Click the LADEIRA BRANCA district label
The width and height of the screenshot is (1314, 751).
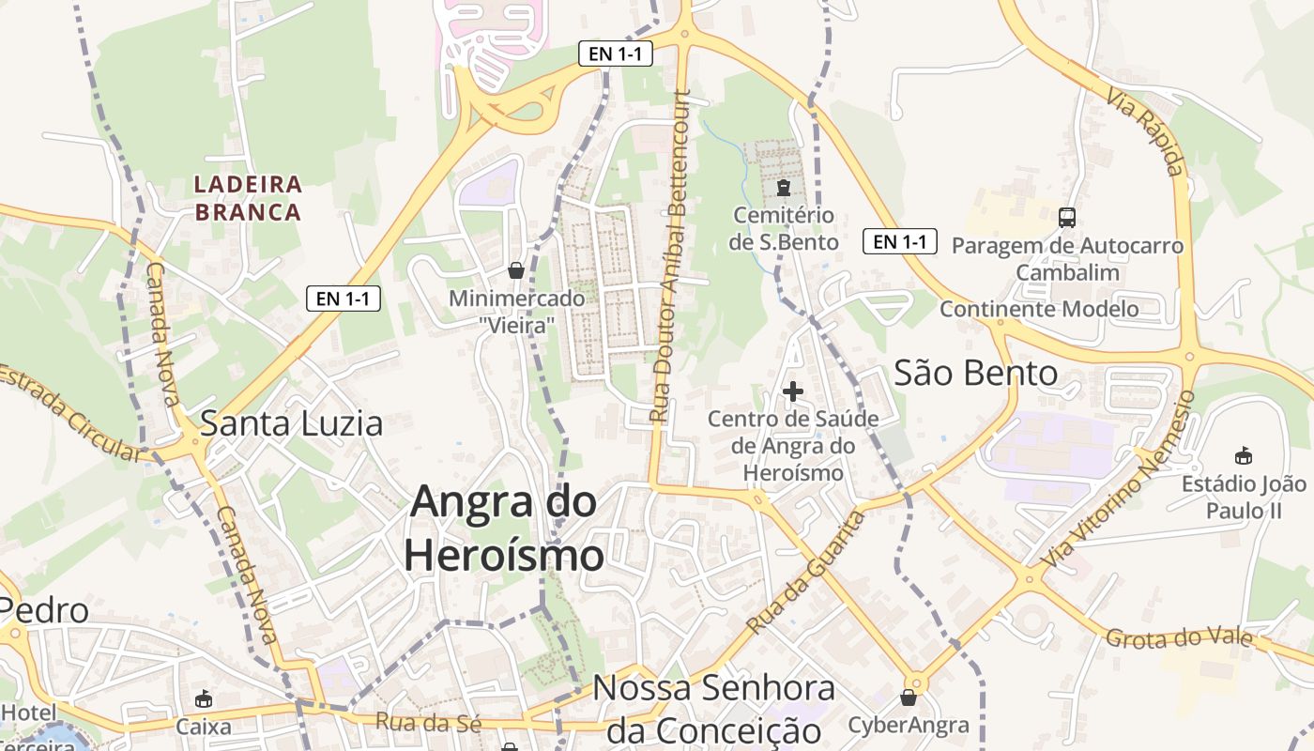point(249,198)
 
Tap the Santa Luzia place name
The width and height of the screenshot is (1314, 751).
point(292,424)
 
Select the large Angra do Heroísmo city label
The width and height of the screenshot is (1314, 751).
point(504,528)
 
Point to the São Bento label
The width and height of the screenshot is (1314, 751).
point(975,374)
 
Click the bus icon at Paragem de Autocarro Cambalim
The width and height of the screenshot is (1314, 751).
point(1067,218)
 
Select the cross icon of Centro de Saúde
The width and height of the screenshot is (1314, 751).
point(793,391)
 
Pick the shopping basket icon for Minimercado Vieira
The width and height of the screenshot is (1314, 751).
point(516,271)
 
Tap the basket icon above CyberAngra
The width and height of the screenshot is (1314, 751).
point(908,697)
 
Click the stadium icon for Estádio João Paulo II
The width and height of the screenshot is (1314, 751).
point(1244,456)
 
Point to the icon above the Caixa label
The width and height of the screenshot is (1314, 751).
point(204,699)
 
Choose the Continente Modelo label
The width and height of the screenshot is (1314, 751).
point(1039,309)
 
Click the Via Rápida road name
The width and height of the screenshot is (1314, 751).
point(1145,131)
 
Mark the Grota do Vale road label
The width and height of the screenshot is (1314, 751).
point(1179,639)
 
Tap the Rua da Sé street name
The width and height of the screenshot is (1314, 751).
point(428,723)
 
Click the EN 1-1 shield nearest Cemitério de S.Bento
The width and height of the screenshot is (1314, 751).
point(900,242)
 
